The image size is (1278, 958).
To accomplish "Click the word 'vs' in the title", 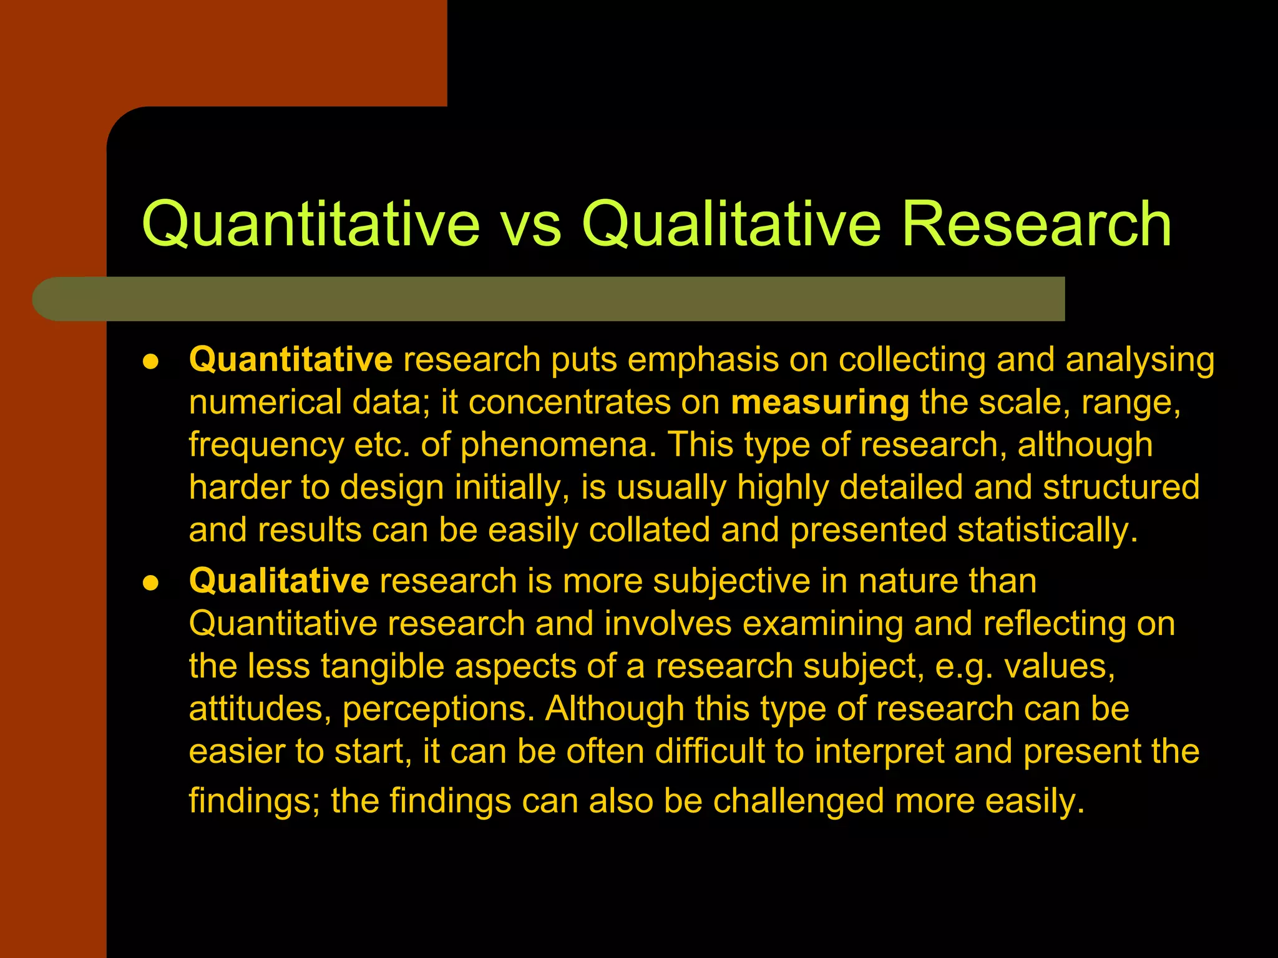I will [530, 225].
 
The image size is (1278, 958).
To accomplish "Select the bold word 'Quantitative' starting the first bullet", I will [291, 360].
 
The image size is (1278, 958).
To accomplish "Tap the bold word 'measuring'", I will [820, 403].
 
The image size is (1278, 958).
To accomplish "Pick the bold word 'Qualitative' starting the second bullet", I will [279, 581].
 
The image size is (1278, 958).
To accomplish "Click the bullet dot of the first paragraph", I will [150, 362].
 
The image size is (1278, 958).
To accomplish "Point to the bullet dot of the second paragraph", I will [150, 583].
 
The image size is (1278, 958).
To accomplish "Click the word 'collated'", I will [649, 530].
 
